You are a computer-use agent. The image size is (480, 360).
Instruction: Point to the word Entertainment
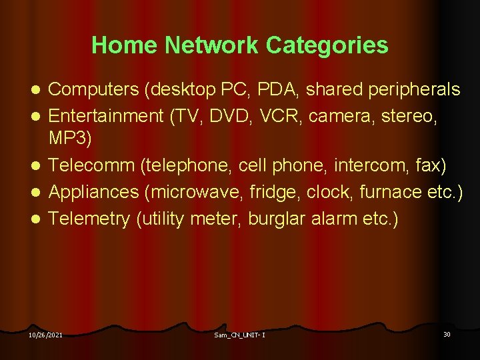pos(106,117)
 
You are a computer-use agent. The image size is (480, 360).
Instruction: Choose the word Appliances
pos(94,193)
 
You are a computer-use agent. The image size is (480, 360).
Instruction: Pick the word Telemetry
pos(89,219)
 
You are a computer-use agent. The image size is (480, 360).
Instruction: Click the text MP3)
pos(71,139)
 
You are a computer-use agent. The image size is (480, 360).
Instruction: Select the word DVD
pos(227,117)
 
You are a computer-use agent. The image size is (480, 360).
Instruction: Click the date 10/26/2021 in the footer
pos(45,335)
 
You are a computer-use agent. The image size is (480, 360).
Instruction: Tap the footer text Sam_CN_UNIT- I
pos(239,335)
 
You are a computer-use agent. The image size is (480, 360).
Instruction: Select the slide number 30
pos(447,334)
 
